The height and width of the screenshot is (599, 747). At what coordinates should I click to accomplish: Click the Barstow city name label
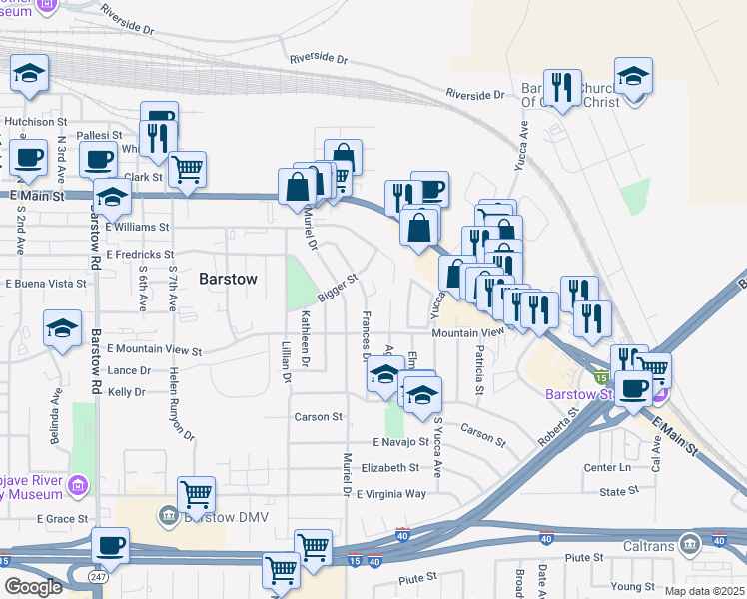[228, 279]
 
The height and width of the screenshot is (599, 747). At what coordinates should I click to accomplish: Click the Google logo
[32, 587]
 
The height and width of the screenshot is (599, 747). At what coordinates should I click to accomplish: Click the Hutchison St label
[35, 121]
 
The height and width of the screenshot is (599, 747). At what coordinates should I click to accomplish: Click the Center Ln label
[608, 467]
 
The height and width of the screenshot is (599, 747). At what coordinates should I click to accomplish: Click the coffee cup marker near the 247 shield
[110, 545]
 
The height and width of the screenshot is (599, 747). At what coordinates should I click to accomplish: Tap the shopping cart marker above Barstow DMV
[197, 494]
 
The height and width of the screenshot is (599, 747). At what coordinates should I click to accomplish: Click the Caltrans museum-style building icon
[689, 545]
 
